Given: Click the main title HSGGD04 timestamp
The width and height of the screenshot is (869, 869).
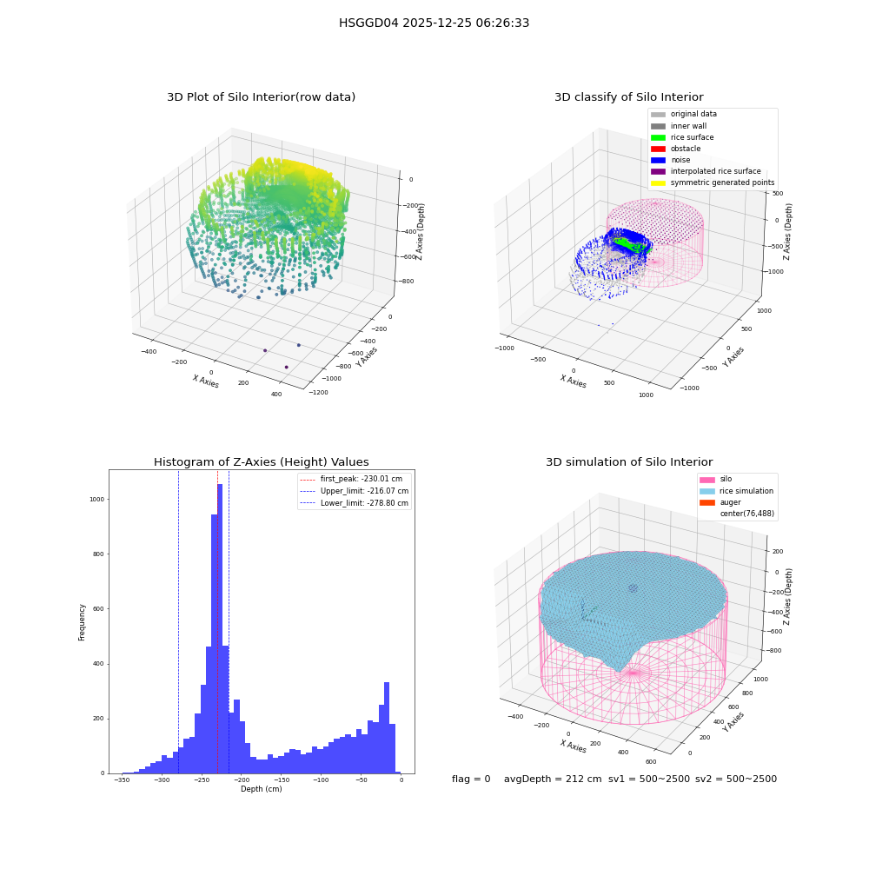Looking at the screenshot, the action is point(434,23).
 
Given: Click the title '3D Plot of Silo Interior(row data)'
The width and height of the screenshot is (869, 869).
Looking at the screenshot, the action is point(261,97).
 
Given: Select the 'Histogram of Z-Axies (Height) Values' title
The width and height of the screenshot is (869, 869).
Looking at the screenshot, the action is point(261,462).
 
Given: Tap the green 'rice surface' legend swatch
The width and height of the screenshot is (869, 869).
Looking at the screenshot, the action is point(658,137).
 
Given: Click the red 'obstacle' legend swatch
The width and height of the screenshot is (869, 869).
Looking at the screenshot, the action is point(658,149).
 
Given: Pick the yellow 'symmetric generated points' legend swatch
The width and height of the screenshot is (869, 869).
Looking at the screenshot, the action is point(658,182).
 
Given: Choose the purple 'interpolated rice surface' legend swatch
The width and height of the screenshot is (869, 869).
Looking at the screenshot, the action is point(658,171).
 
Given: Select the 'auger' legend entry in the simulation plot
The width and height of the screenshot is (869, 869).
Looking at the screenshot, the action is point(720,502).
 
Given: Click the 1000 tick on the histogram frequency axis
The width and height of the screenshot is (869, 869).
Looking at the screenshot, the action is point(97,500).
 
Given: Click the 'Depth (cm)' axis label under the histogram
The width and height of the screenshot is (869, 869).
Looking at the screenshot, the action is point(262,789).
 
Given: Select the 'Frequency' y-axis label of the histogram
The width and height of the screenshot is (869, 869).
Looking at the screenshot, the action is point(82,622).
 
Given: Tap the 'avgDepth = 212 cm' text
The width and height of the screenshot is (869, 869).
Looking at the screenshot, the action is point(553,779).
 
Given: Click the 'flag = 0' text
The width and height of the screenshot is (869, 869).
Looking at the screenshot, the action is point(471,779).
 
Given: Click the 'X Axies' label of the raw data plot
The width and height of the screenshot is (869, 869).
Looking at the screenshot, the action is point(206,381).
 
